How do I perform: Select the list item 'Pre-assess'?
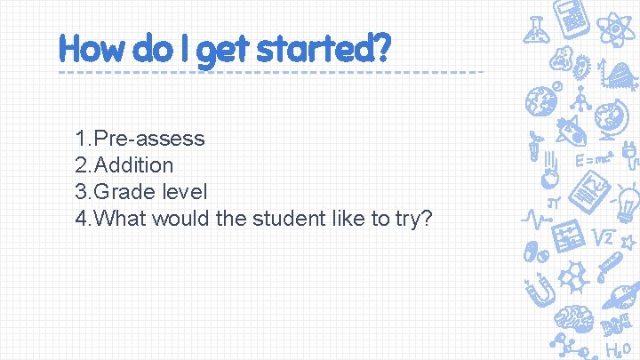[149, 139]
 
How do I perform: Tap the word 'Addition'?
[133, 165]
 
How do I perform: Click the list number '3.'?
[84, 191]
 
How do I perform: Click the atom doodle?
[615, 28]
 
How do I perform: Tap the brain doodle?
[568, 316]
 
